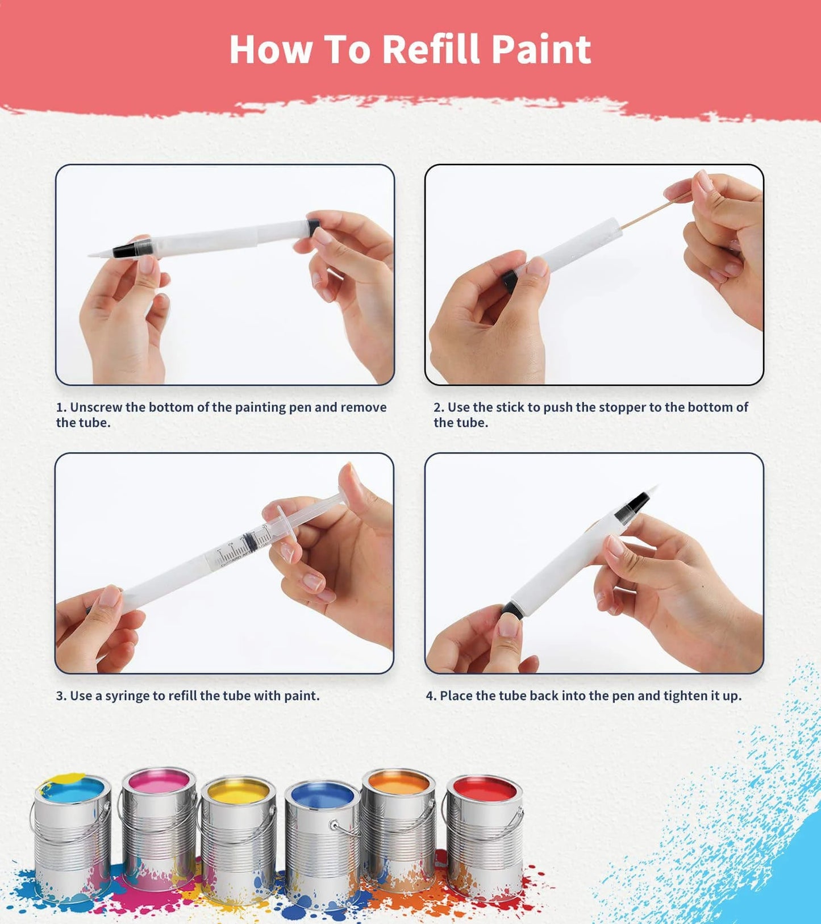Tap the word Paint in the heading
pyautogui.click(x=540, y=49)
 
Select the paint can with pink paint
pyautogui.click(x=159, y=824)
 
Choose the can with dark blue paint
pyautogui.click(x=322, y=841)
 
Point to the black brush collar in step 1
pyautogui.click(x=132, y=249)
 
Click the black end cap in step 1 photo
pyautogui.click(x=312, y=228)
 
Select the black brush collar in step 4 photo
pyautogui.click(x=632, y=507)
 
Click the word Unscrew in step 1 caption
pyautogui.click(x=95, y=407)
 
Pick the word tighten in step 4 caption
pyautogui.click(x=685, y=696)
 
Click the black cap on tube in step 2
pyautogui.click(x=510, y=280)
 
